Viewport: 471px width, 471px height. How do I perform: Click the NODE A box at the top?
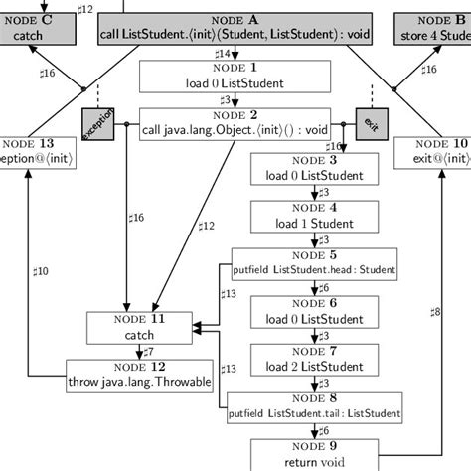pyautogui.click(x=235, y=27)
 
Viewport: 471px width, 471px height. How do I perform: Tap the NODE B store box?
pyautogui.click(x=432, y=27)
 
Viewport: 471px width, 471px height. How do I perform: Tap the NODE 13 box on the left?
pyautogui.click(x=30, y=151)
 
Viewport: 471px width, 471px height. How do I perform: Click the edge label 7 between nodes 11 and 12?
pyautogui.click(x=148, y=351)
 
